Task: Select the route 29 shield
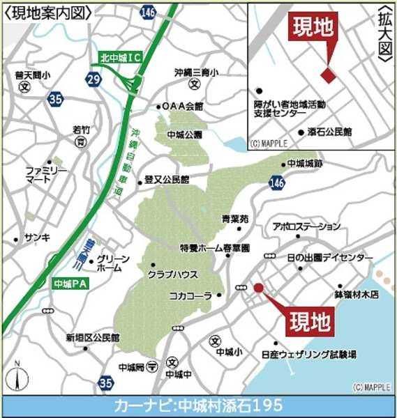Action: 94,81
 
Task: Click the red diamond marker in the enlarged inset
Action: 328,74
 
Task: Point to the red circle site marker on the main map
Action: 257,287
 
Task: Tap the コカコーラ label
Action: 190,296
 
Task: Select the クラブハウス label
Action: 173,274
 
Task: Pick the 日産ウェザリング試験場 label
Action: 308,355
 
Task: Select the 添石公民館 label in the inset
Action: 329,131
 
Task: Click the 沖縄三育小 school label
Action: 197,72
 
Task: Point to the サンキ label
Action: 36,237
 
